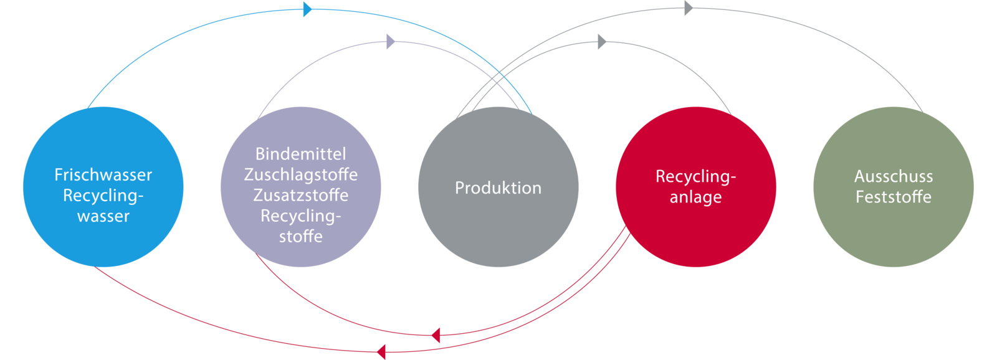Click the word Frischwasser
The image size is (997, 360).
103,175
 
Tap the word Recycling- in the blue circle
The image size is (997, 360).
103,196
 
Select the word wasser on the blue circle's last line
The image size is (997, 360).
103,216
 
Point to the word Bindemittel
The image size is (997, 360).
300,154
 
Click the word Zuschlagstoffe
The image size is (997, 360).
300,174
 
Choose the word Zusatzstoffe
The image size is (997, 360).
300,195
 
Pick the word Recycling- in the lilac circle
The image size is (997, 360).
300,216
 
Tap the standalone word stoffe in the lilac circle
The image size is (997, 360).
300,237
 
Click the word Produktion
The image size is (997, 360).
498,188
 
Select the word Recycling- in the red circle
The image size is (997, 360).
695,176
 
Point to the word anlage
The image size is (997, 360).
695,197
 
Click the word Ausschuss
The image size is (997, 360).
893,176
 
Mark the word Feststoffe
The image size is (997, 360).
893,197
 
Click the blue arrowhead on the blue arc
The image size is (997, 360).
307,9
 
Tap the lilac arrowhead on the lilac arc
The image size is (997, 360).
391,42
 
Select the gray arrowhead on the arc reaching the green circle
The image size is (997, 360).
689,8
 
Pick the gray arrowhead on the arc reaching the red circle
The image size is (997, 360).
602,42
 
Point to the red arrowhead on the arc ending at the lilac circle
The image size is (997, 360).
436,336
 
